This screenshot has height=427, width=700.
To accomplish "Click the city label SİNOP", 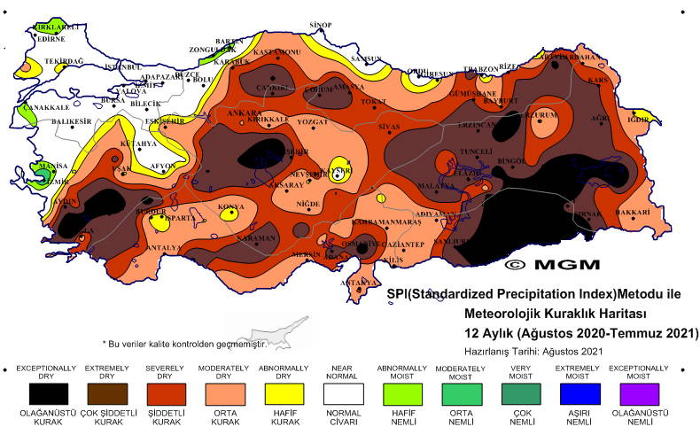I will pyautogui.click(x=321, y=25).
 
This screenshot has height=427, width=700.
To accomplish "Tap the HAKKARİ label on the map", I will pyautogui.click(x=633, y=213).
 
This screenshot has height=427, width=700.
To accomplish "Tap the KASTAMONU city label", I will pyautogui.click(x=276, y=54).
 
